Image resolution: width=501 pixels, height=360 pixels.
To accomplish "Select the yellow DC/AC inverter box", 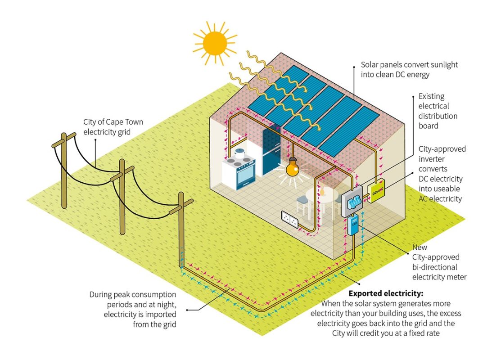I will coord(376,191).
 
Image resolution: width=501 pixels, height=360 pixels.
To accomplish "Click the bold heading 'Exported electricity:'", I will coord(385,294).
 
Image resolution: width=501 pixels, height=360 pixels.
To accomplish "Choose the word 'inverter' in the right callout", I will coord(432,159).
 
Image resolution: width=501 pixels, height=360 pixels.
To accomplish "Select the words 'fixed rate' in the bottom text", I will coord(427,333).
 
